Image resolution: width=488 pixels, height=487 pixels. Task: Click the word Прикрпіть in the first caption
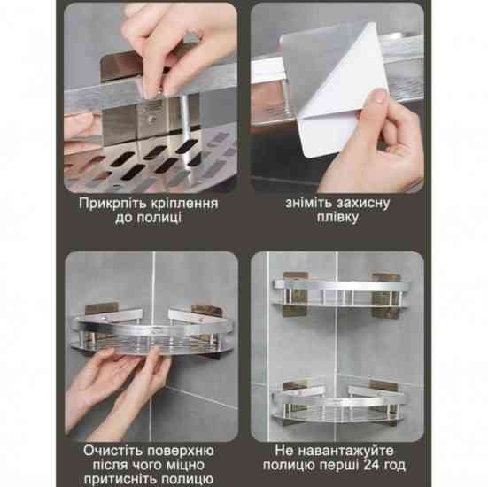tap(112, 204)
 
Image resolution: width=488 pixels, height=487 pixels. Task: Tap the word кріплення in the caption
tap(184, 205)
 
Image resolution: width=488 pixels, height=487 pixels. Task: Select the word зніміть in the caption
tap(306, 203)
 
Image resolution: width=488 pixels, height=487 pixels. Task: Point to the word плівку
tap(337, 218)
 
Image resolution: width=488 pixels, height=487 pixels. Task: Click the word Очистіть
tap(112, 451)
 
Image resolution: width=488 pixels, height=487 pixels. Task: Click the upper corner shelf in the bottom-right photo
tap(341, 294)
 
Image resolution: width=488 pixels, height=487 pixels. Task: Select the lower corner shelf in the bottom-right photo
tap(339, 404)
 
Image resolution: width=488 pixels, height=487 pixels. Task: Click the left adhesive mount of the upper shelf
tap(295, 294)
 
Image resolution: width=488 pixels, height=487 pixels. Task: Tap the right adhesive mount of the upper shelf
tap(386, 296)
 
